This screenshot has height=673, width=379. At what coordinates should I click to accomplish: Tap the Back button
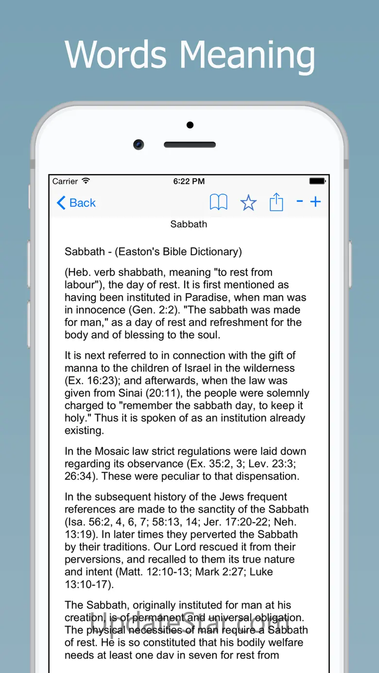[x=76, y=203]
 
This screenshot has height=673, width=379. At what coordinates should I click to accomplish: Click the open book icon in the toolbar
[x=219, y=202]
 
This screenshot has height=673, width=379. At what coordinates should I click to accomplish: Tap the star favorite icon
[x=248, y=203]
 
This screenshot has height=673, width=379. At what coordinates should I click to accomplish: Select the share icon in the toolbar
[x=276, y=202]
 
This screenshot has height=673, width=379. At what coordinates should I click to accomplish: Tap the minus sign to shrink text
[x=300, y=201]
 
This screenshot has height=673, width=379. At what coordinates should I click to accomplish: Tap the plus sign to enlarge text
[x=316, y=201]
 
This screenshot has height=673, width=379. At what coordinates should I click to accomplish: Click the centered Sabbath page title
[x=189, y=224]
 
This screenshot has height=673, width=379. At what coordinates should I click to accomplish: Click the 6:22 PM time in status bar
[x=189, y=181]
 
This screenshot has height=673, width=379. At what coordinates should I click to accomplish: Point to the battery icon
[x=317, y=181]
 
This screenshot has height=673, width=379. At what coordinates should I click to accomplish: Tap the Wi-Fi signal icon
[x=86, y=181]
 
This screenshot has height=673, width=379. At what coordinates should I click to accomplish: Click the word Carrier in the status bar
[x=65, y=181]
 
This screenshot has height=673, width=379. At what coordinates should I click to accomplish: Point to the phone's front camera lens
[x=139, y=145]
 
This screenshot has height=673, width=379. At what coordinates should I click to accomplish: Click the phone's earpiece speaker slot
[x=189, y=145]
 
